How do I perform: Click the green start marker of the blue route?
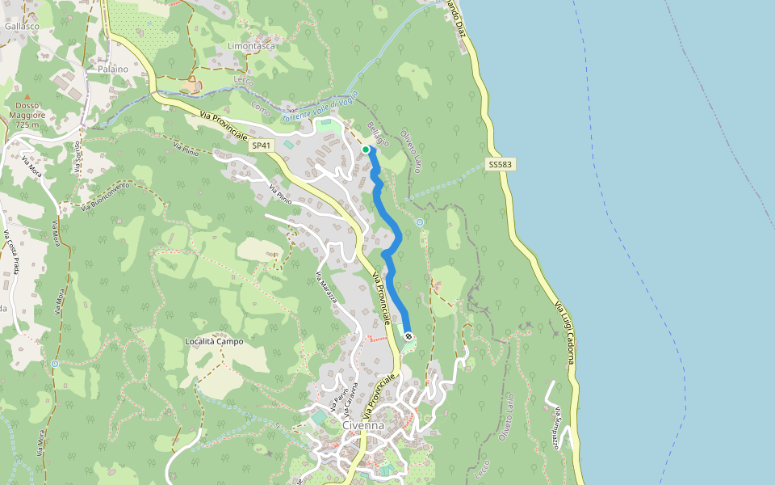point(366,150)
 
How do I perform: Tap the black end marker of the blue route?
point(409,335)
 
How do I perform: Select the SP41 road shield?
point(259,145)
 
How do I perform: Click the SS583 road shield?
point(501,165)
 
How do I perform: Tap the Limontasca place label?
point(251,46)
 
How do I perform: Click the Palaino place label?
point(113,70)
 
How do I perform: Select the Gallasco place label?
point(22,26)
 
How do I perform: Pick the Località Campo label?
point(214,341)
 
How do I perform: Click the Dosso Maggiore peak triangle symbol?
point(27,97)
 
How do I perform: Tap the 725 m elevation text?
point(27,125)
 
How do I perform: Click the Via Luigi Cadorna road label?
point(563,331)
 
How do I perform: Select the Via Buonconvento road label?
point(105,198)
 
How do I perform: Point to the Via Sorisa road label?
point(77,158)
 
